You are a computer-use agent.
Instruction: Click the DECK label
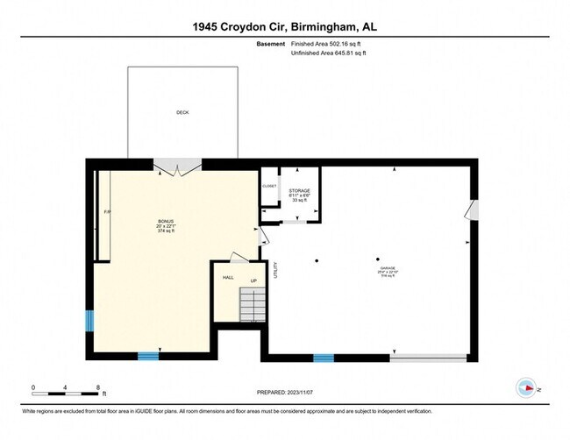(182, 112)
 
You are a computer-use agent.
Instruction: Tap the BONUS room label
(165, 221)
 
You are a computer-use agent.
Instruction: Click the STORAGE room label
(300, 190)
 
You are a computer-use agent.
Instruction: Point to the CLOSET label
(269, 186)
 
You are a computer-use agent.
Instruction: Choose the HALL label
(228, 277)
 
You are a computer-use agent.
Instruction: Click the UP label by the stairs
(253, 281)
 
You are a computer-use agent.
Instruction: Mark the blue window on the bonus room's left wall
(89, 321)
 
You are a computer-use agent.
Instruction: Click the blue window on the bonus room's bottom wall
(148, 356)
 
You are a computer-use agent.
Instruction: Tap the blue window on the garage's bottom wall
(324, 358)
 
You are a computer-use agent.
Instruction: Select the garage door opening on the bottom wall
(428, 358)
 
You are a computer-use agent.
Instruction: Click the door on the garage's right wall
(473, 210)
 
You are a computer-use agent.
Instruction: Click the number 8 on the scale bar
(98, 387)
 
